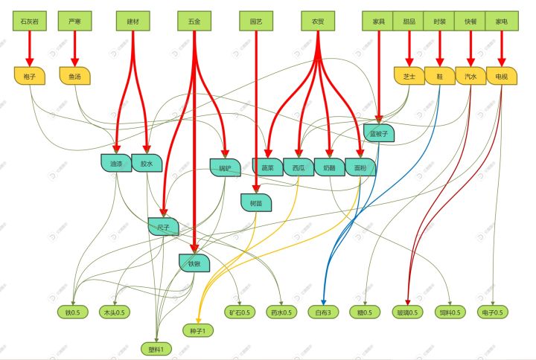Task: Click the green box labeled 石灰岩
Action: click(x=31, y=22)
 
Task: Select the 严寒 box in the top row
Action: click(x=74, y=22)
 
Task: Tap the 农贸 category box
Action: click(x=318, y=22)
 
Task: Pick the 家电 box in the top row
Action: click(x=501, y=22)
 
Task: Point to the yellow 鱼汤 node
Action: click(x=74, y=76)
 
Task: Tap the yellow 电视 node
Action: click(x=501, y=76)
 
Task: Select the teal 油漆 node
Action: click(x=115, y=163)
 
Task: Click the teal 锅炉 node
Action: click(x=224, y=167)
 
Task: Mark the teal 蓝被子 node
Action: click(x=378, y=133)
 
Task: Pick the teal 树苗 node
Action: click(x=256, y=202)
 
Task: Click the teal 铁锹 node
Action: click(x=194, y=262)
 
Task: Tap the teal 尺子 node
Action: click(x=163, y=226)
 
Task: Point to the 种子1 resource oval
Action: click(x=199, y=330)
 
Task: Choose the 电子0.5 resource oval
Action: click(x=493, y=312)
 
